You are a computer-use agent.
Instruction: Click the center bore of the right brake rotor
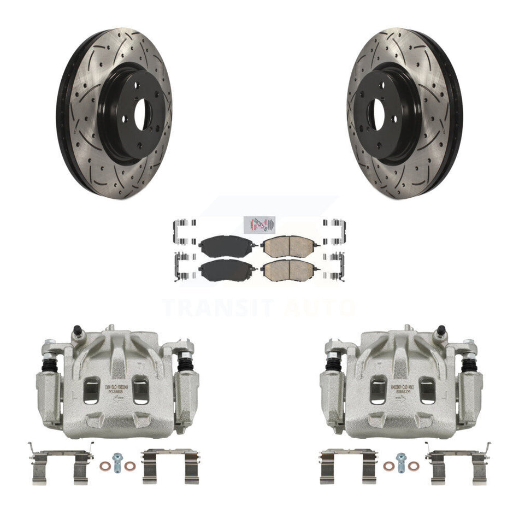378,115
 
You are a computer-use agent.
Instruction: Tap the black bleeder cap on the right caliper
440,331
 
